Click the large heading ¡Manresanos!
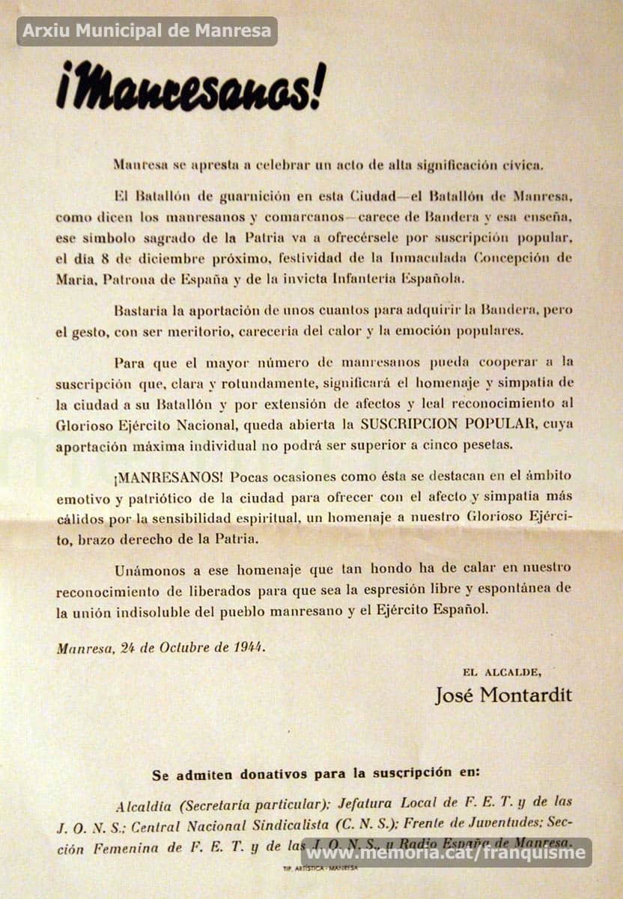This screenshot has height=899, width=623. click(x=191, y=87)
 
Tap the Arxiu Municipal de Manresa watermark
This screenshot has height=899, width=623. click(x=147, y=31)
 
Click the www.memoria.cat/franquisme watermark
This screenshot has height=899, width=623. click(x=446, y=853)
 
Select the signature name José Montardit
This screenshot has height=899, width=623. click(x=503, y=694)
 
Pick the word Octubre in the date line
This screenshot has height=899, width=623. click(x=186, y=647)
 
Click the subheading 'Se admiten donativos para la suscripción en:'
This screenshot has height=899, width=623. click(x=316, y=772)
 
